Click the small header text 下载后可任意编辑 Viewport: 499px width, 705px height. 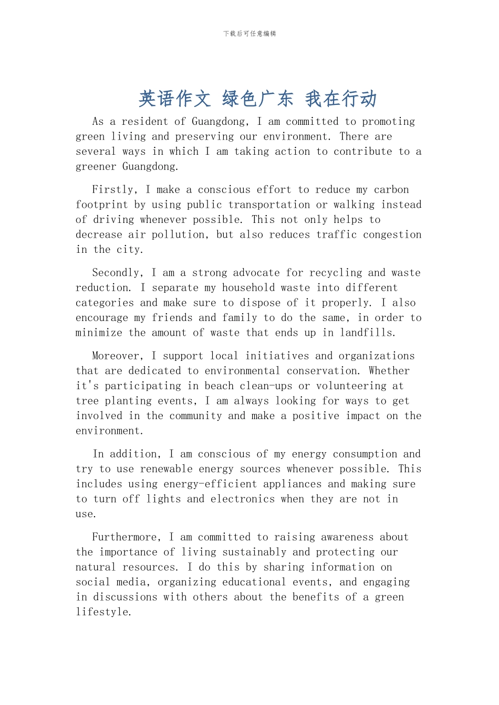tap(250, 34)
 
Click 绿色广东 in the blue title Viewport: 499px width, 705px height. tap(257, 99)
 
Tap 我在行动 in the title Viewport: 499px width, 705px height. tap(341, 99)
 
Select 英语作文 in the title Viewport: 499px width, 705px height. tap(174, 99)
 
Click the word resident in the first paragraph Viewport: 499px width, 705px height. tap(144, 122)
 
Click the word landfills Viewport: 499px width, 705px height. tap(367, 333)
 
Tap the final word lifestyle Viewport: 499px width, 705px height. tap(103, 612)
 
